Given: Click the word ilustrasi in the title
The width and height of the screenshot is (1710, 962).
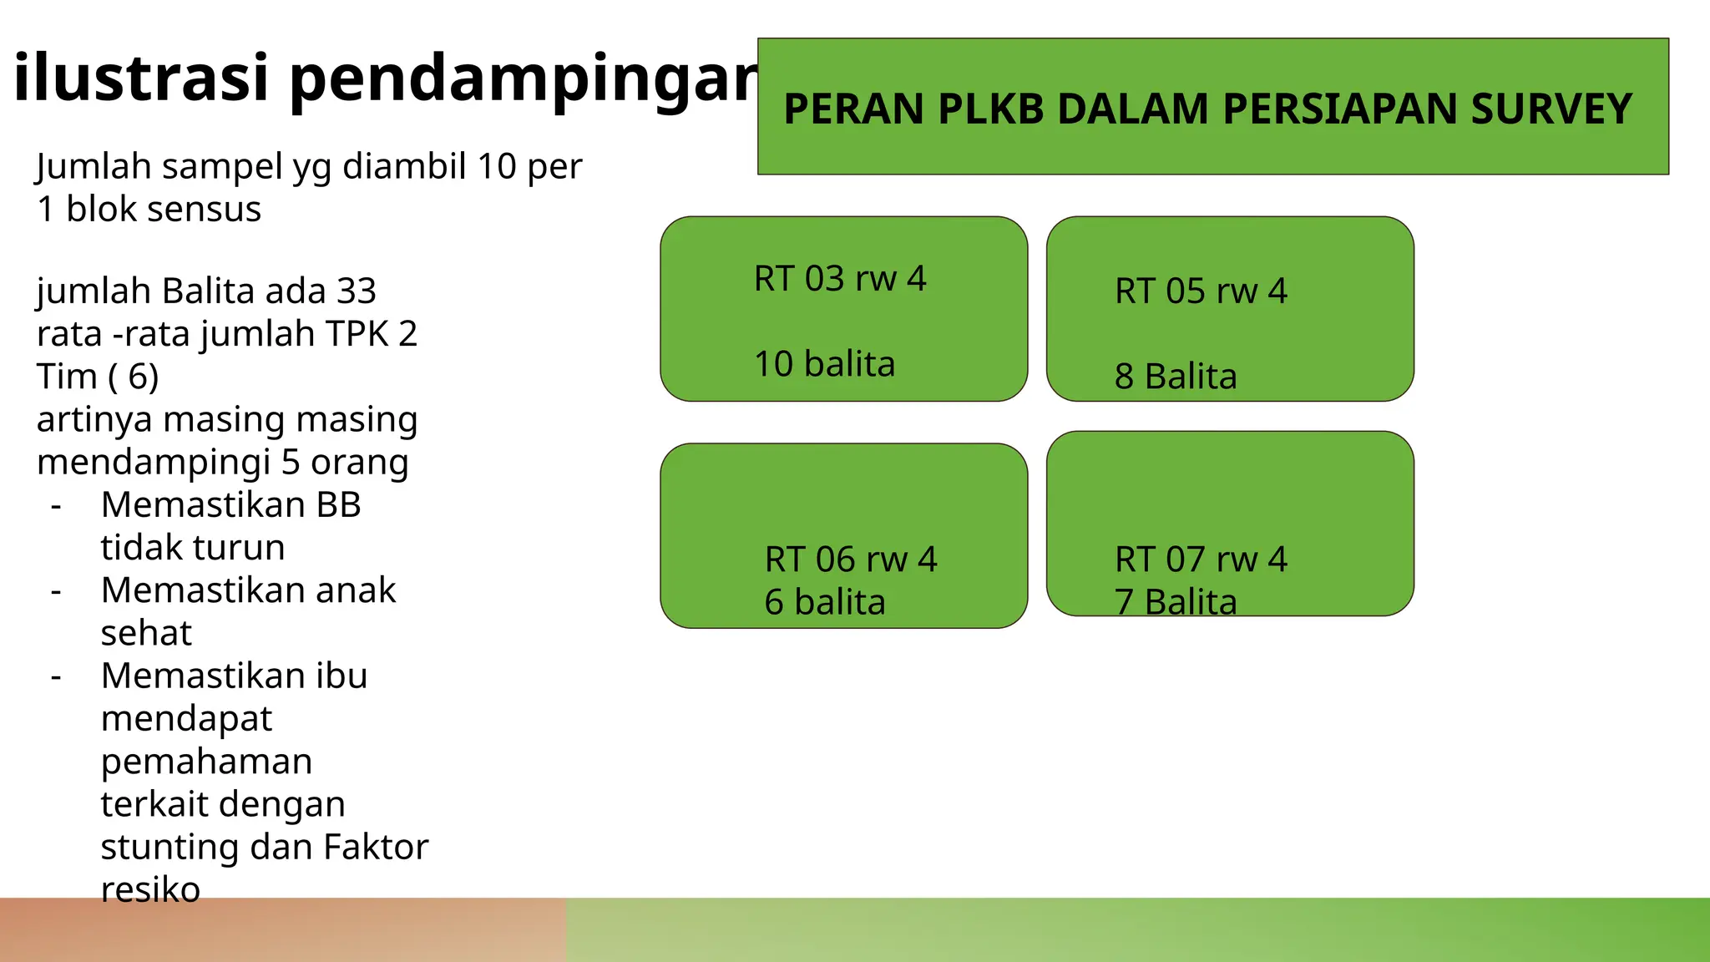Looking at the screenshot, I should click(x=140, y=78).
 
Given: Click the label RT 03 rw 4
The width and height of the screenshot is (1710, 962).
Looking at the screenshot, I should click(x=840, y=279).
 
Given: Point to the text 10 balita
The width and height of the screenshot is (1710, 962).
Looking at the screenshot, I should click(x=824, y=364).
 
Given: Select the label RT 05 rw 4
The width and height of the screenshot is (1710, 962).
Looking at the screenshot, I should click(x=1201, y=291).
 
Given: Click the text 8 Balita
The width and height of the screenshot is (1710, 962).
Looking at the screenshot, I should click(x=1176, y=377).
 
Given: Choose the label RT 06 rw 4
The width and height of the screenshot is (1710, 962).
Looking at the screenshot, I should click(x=851, y=559).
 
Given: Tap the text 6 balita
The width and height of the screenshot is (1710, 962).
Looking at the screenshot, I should click(x=824, y=602).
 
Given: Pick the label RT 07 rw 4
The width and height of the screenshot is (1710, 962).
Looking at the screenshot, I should click(x=1201, y=559).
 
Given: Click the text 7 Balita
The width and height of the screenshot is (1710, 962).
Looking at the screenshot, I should click(x=1176, y=602).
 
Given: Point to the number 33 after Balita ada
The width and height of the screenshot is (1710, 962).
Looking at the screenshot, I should click(x=357, y=291).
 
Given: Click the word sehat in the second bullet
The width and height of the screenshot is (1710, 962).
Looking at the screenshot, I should click(x=146, y=633).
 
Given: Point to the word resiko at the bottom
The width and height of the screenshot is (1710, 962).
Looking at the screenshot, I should click(x=150, y=890).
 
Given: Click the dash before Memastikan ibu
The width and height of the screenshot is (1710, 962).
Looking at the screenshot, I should click(x=56, y=676).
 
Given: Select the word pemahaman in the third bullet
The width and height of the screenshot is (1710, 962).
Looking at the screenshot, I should click(x=206, y=762).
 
